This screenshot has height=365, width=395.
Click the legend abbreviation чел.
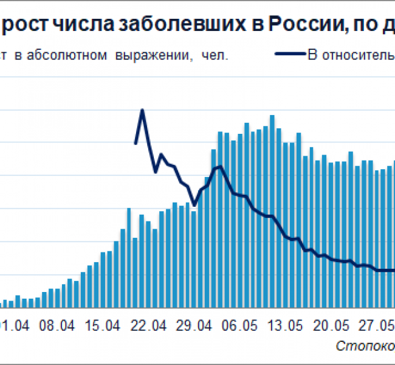point(217,55)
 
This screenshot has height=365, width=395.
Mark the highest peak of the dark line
point(142,110)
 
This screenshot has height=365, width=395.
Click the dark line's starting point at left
point(136,144)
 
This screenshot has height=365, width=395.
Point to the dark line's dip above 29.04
point(194,205)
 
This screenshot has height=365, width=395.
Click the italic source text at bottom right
point(365,346)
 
